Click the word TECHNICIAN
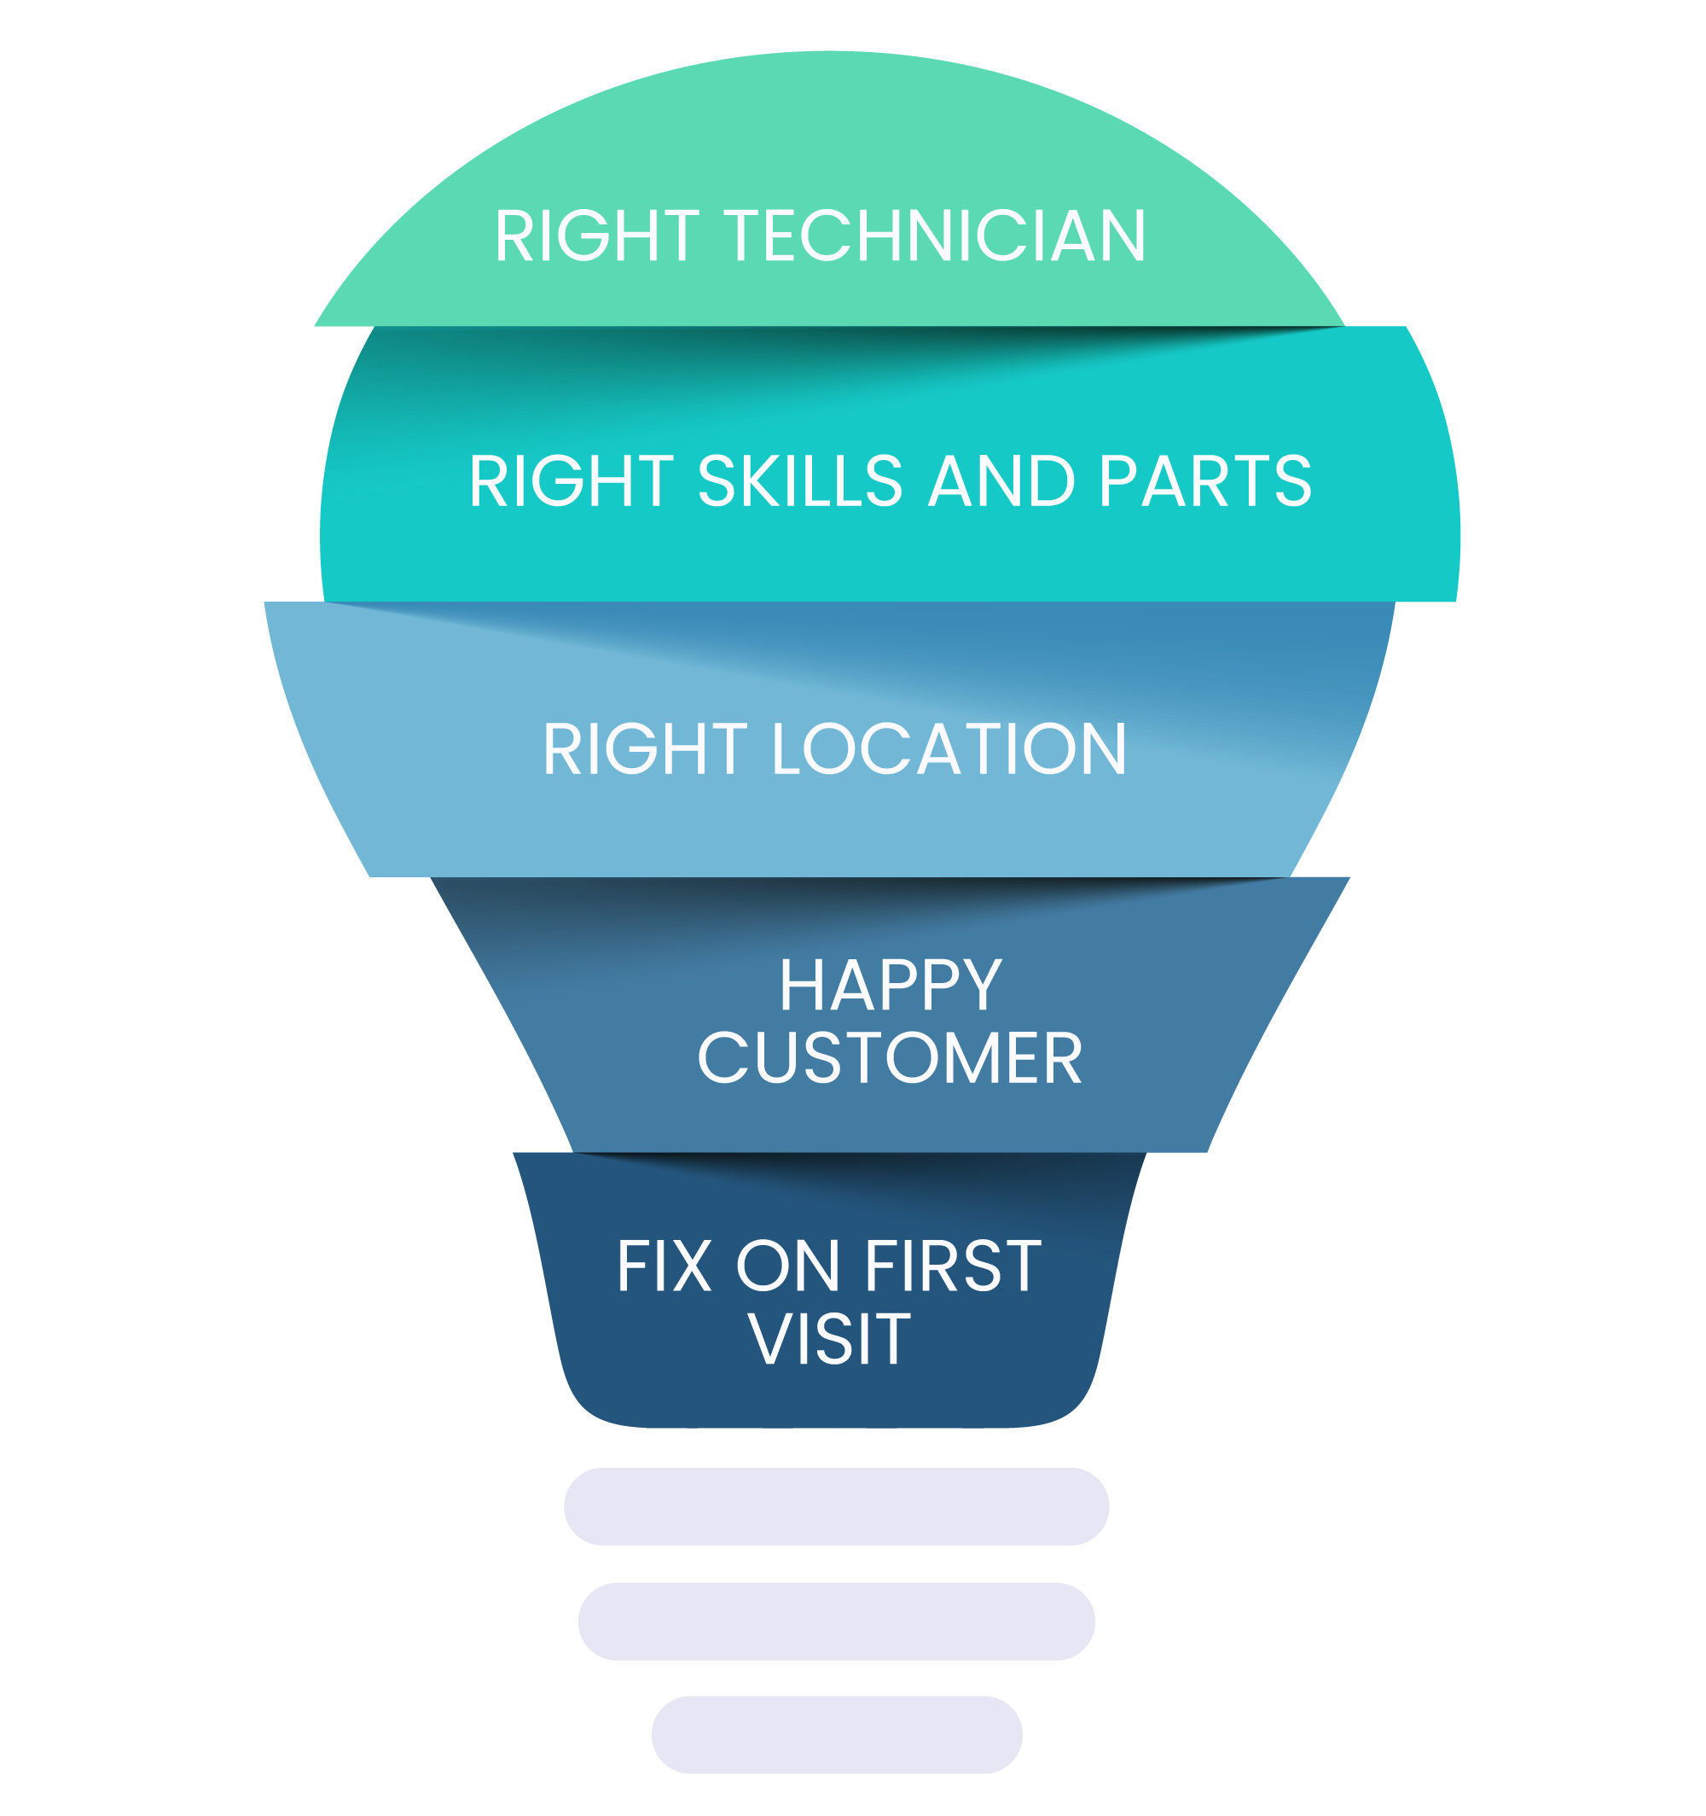click(x=935, y=236)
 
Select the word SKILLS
click(x=800, y=481)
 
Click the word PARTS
click(x=1205, y=481)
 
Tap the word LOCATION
click(x=949, y=750)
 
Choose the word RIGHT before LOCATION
click(x=645, y=750)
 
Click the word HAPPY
click(x=891, y=987)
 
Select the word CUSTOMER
click(x=890, y=1059)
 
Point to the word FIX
click(x=664, y=1267)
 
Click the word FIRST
click(x=953, y=1267)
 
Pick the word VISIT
click(x=829, y=1340)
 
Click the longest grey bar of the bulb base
click(x=836, y=1506)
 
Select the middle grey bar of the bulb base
click(x=836, y=1621)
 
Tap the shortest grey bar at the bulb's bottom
click(x=836, y=1735)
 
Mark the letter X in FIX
click(x=691, y=1267)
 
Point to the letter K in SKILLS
click(x=751, y=481)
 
